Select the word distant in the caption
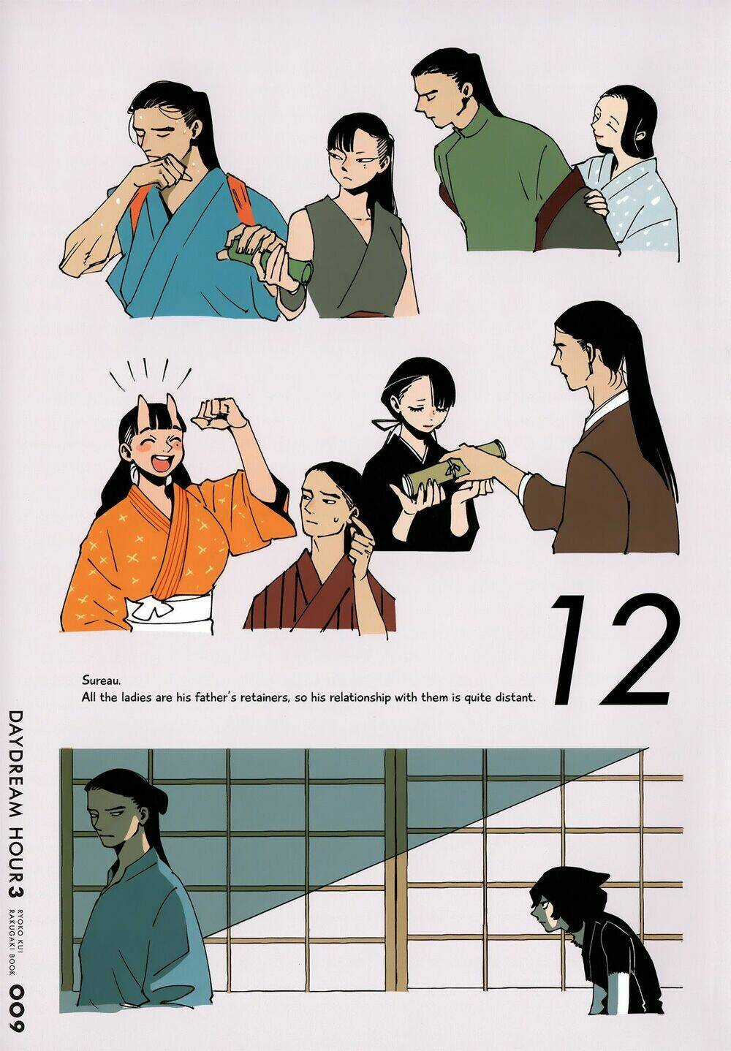click(512, 697)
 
